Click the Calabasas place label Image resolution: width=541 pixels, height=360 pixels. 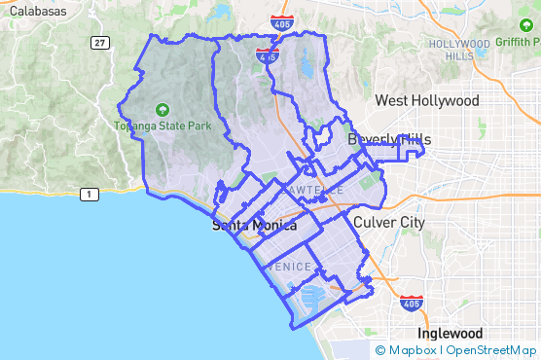click(x=38, y=10)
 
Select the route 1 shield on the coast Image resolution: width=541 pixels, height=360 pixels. click(x=90, y=196)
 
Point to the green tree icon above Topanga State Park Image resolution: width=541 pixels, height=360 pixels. click(x=160, y=110)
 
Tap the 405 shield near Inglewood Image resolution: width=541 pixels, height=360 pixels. click(x=412, y=304)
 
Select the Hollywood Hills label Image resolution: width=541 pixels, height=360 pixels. click(x=458, y=50)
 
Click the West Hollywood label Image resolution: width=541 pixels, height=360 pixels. click(x=426, y=101)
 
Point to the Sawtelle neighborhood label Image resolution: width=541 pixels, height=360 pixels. click(x=315, y=190)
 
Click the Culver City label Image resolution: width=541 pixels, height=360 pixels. click(x=389, y=223)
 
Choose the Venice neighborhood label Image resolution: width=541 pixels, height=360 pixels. click(x=289, y=267)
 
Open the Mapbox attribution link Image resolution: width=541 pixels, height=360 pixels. click(x=406, y=349)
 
